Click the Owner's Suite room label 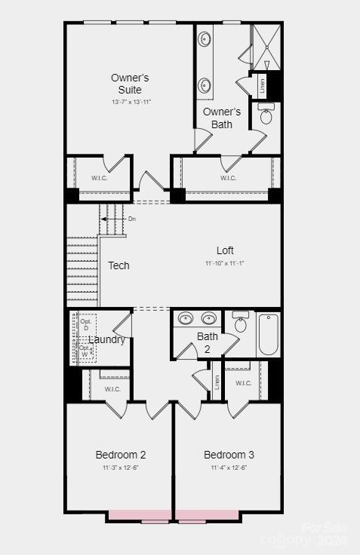(130, 84)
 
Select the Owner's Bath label (222, 118)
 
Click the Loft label (225, 250)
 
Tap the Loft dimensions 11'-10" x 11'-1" (225, 263)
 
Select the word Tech (118, 265)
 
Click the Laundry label (107, 339)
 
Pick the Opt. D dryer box (85, 324)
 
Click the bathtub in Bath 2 (268, 336)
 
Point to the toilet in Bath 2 (241, 323)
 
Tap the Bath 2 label (208, 342)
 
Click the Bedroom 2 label (121, 455)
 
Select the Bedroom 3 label (229, 455)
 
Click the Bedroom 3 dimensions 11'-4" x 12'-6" (229, 468)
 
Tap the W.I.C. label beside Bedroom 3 (243, 383)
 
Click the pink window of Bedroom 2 (140, 517)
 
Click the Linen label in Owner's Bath (263, 84)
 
